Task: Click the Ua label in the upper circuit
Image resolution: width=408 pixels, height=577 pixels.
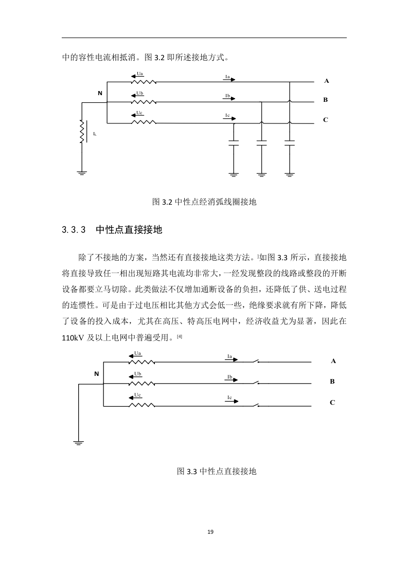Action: pyautogui.click(x=140, y=74)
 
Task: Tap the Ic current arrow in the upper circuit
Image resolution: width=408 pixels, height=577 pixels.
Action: pyautogui.click(x=230, y=118)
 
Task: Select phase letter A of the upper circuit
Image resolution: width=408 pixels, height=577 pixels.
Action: pyautogui.click(x=326, y=81)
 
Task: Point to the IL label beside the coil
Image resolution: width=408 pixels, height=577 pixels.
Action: pyautogui.click(x=95, y=134)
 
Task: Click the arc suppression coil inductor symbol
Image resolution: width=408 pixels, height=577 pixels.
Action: pyautogui.click(x=82, y=132)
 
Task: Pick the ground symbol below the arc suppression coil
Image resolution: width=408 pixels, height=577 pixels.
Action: pyautogui.click(x=82, y=173)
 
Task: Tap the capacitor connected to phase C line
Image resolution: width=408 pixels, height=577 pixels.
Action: pyautogui.click(x=234, y=143)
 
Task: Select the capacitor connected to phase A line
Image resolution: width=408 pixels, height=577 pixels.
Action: pyautogui.click(x=290, y=143)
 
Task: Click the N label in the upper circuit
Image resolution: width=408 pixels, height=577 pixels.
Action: pyautogui.click(x=100, y=94)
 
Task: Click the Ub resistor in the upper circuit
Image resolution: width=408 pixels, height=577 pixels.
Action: pyautogui.click(x=144, y=102)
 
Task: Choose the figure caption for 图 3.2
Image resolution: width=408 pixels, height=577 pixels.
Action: pyautogui.click(x=204, y=202)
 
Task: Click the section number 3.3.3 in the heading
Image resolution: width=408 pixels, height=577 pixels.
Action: pyautogui.click(x=74, y=230)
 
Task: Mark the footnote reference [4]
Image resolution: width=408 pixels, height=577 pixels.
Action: pyautogui.click(x=180, y=336)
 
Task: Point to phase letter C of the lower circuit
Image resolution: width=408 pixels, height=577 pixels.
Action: pyautogui.click(x=332, y=403)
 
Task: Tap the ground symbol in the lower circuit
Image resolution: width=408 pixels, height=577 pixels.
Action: pyautogui.click(x=78, y=443)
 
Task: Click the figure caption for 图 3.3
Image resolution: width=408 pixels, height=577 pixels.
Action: pyautogui.click(x=217, y=471)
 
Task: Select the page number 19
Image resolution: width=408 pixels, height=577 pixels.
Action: pyautogui.click(x=210, y=532)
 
